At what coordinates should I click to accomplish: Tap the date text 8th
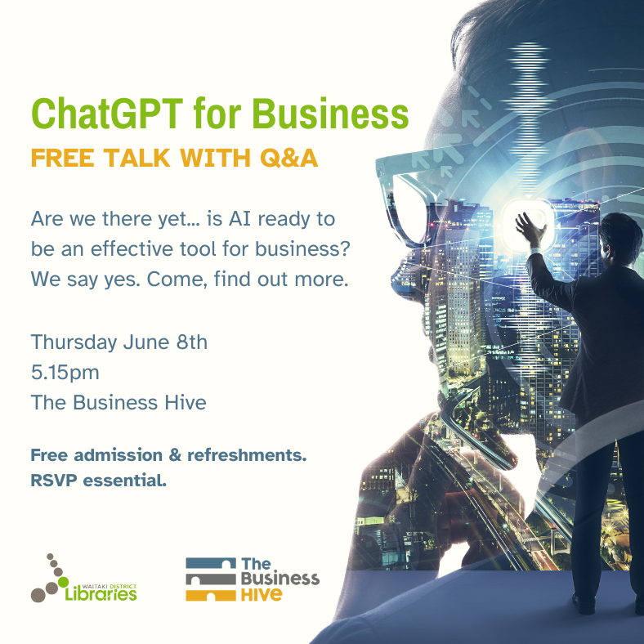[x=190, y=342]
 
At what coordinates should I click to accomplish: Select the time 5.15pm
[x=65, y=373]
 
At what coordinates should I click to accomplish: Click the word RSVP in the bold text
[x=53, y=481]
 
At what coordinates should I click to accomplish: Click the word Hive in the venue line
[x=185, y=402]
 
